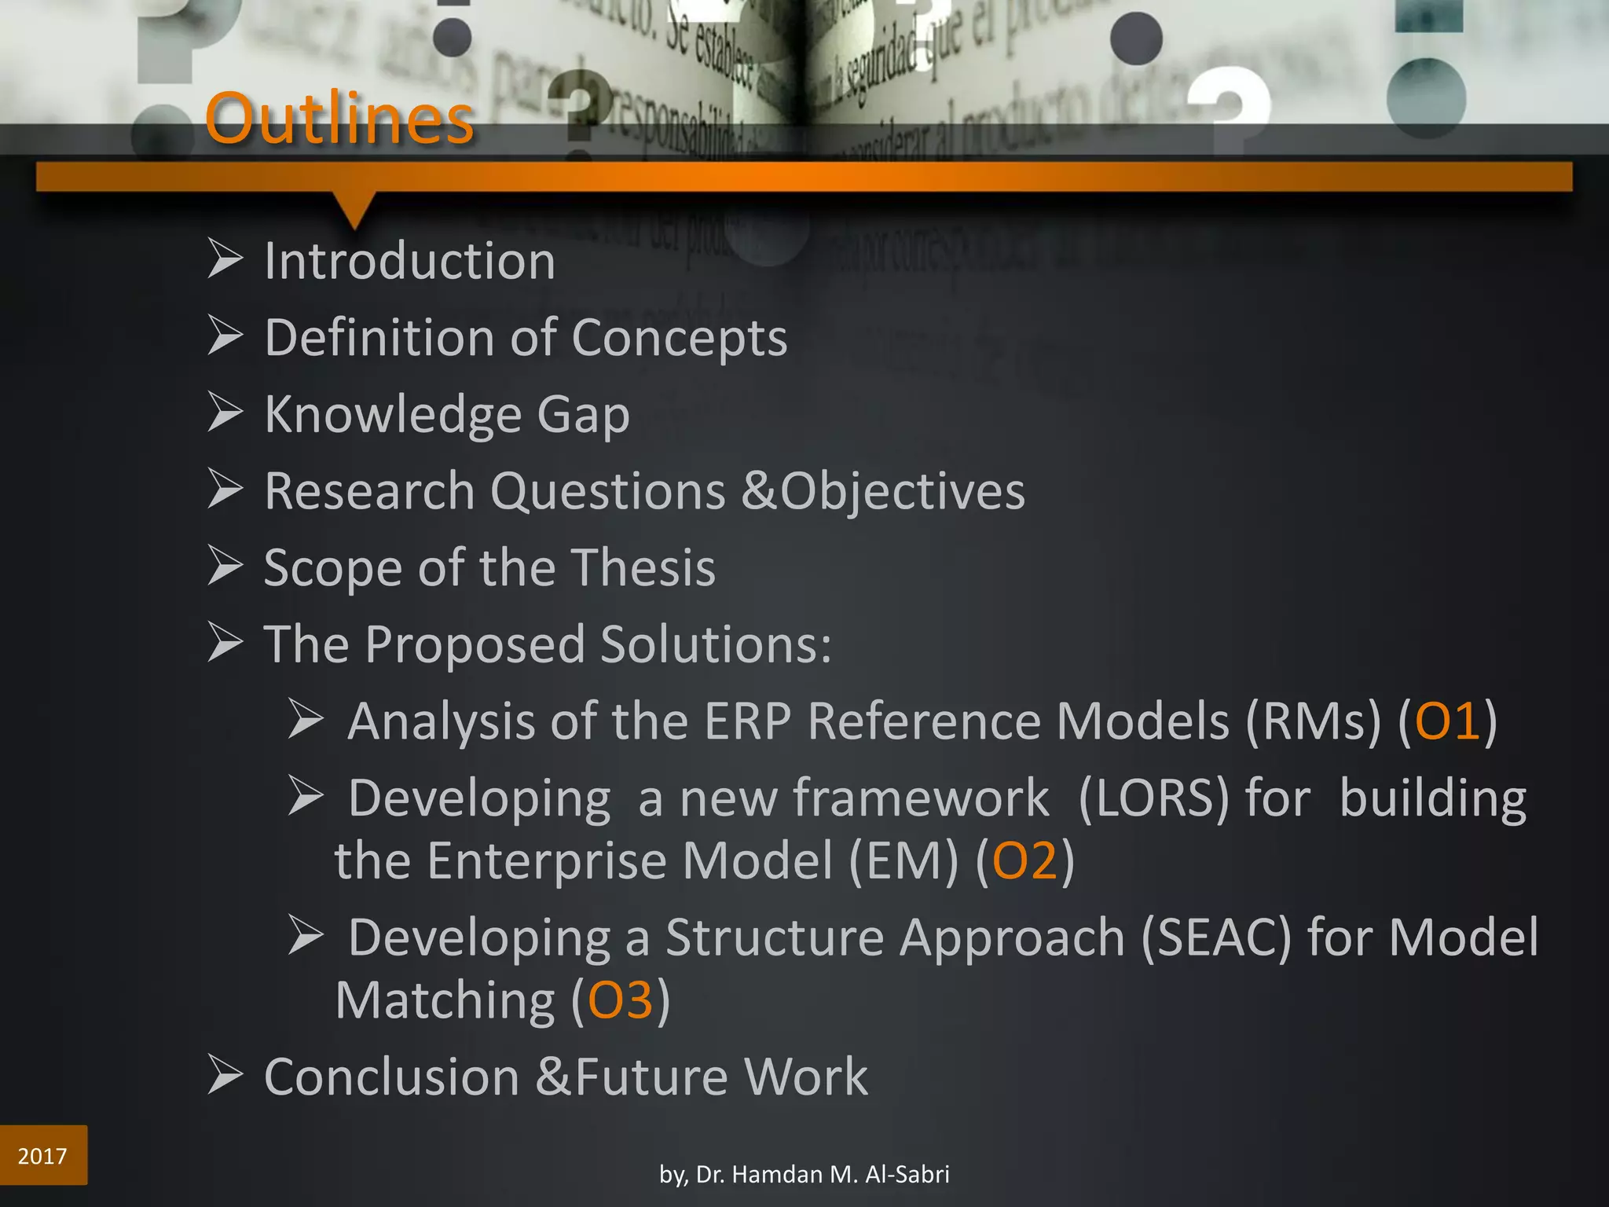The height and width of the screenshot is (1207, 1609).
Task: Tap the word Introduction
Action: coord(409,261)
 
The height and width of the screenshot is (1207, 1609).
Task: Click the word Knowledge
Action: coord(393,414)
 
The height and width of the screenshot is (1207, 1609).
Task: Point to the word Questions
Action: coord(608,492)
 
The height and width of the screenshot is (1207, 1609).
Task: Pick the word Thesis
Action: coord(643,567)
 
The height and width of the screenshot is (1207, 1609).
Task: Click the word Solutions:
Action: coord(716,644)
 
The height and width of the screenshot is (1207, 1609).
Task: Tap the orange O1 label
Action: coord(1447,721)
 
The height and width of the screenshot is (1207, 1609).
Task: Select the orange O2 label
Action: coord(1024,860)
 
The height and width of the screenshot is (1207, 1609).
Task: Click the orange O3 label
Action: coord(620,1000)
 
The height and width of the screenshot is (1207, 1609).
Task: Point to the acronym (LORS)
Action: coord(1153,798)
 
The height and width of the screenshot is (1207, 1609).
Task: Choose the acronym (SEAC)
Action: coord(1215,937)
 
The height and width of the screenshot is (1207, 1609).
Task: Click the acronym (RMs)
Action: coord(1313,721)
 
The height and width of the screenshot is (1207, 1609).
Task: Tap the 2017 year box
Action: coord(43,1155)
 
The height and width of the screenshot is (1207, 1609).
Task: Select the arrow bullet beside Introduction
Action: coord(225,259)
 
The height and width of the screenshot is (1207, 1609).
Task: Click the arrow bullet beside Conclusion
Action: coord(225,1075)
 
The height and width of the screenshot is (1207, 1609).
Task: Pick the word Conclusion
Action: coord(391,1077)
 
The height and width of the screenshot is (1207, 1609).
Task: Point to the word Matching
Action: coord(445,1000)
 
